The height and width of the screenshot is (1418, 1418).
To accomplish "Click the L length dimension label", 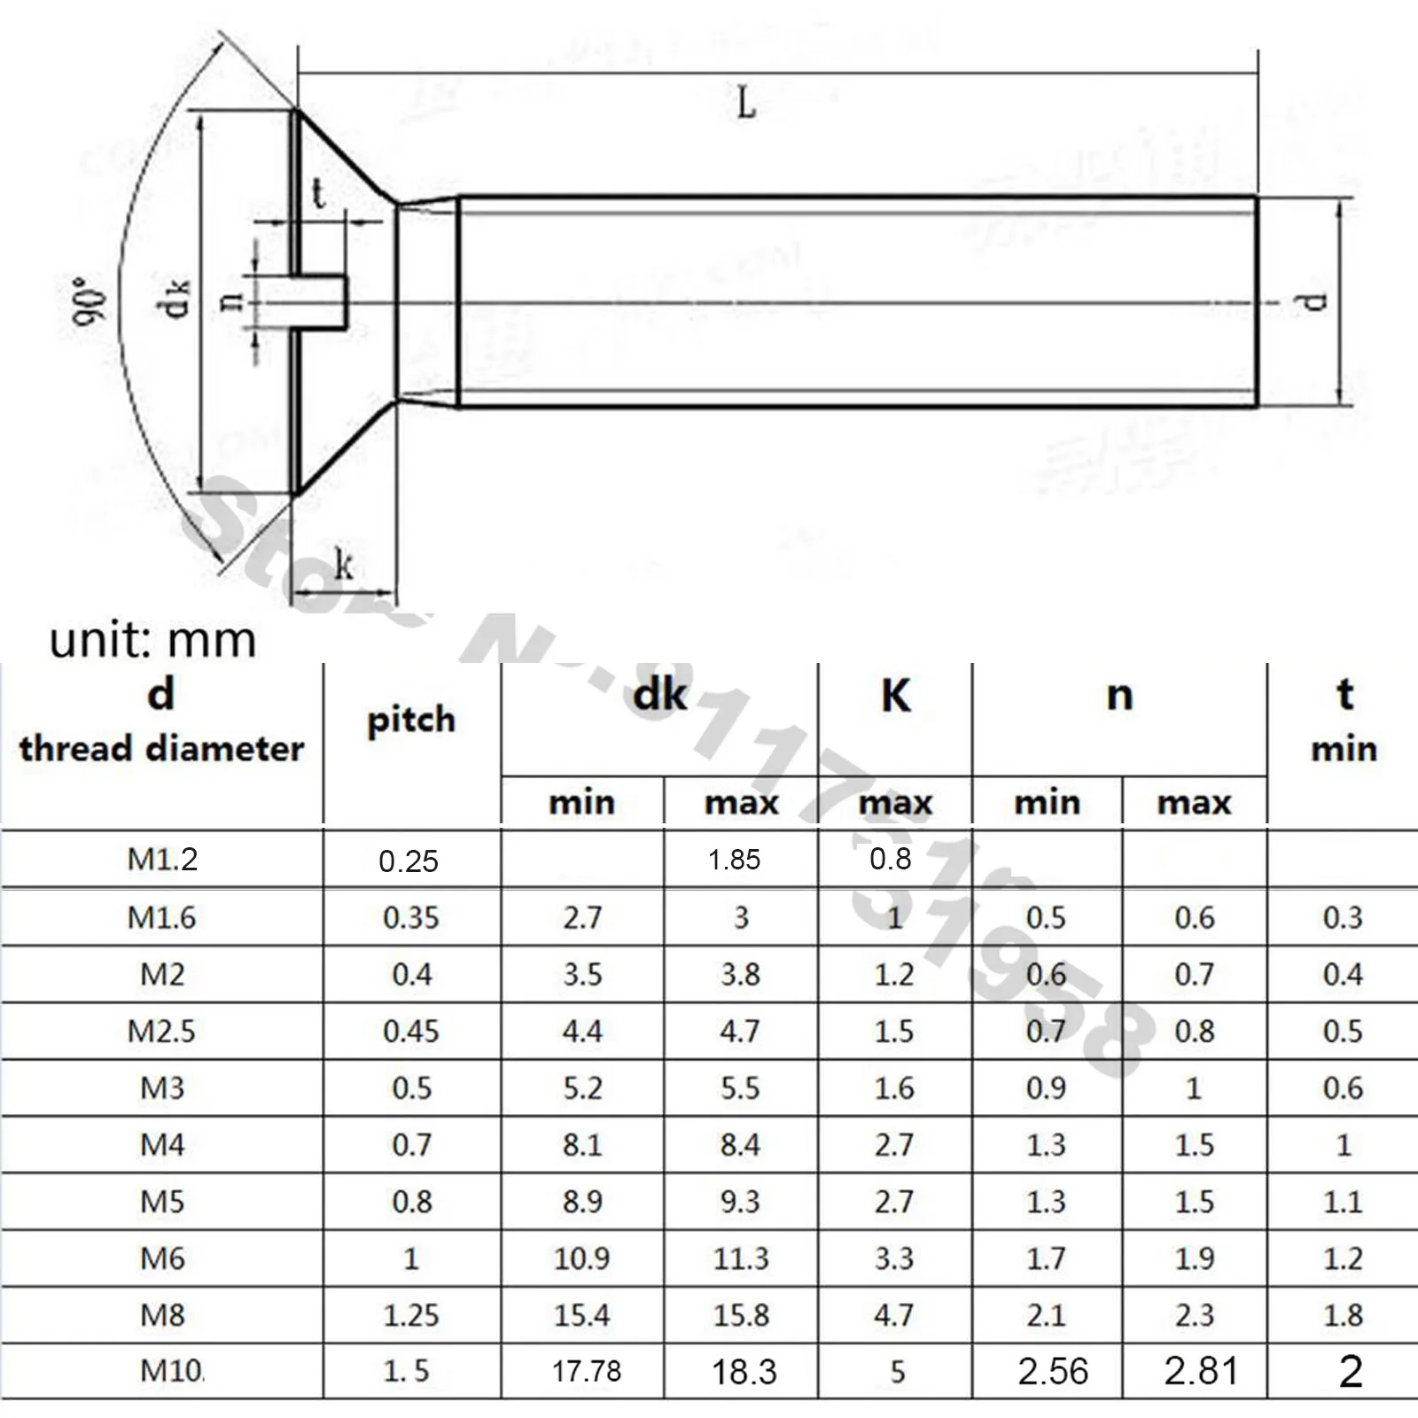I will click(746, 104).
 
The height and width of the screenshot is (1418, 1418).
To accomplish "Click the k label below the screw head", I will click(344, 565).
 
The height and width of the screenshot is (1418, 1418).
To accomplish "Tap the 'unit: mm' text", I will click(152, 640).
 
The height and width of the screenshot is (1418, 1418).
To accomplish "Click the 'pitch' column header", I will click(411, 720).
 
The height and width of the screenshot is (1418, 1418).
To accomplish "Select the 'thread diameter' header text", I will click(161, 749).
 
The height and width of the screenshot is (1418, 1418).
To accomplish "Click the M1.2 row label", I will click(162, 859).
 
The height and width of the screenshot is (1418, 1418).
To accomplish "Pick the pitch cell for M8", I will click(411, 1315).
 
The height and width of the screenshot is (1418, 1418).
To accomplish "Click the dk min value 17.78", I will click(586, 1371).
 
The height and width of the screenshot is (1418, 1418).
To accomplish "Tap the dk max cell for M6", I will click(741, 1258).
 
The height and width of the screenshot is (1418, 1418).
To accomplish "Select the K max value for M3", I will click(893, 1088).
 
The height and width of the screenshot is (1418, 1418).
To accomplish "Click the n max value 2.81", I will click(1200, 1371).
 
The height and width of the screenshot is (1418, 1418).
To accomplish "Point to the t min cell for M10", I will click(1350, 1371).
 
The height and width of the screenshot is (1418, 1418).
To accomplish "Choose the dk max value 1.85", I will click(734, 860).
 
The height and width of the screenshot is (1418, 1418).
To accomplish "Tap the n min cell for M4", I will click(1046, 1145).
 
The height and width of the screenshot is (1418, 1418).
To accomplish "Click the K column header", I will click(895, 697).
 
